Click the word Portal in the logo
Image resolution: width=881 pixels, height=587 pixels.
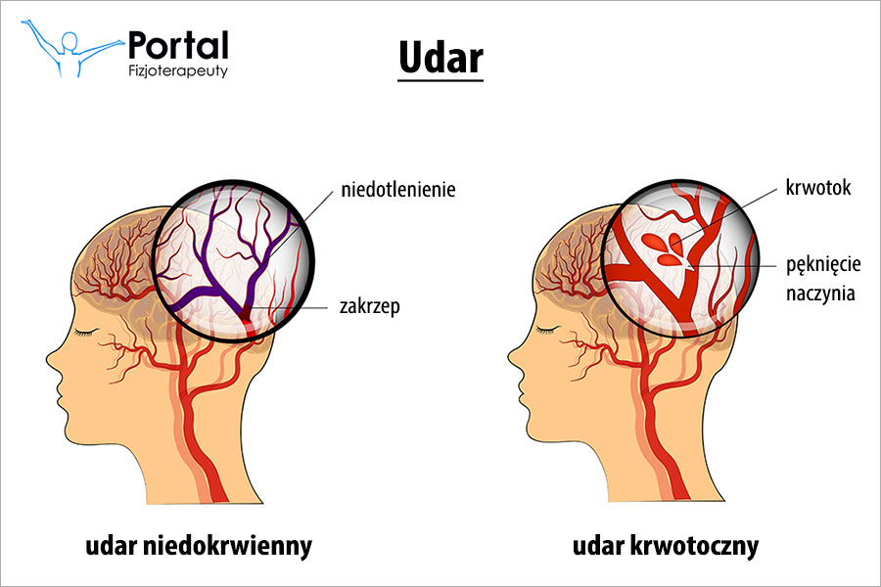click(x=178, y=45)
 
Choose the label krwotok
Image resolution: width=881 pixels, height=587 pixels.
click(x=817, y=188)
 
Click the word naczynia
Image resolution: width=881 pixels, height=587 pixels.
click(x=821, y=292)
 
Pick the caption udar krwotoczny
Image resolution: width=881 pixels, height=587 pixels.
click(x=667, y=546)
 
